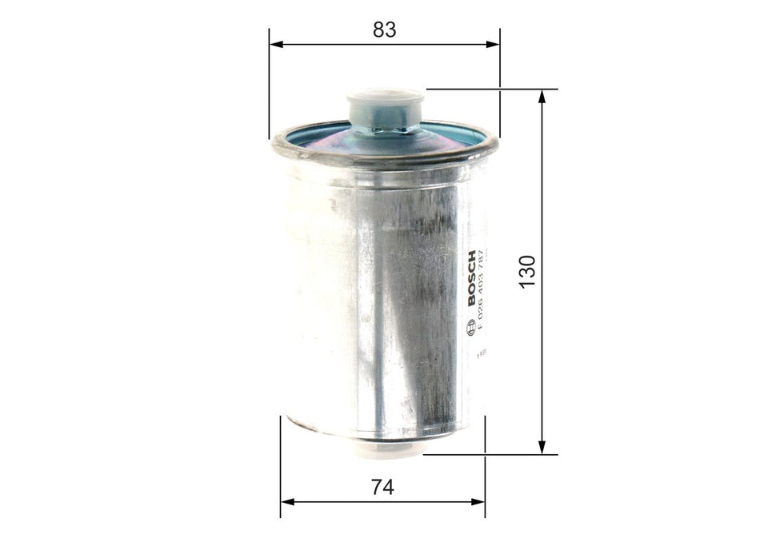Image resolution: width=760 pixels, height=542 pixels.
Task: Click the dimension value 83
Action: click(385, 30)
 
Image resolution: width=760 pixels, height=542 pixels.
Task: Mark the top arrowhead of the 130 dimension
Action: click(542, 96)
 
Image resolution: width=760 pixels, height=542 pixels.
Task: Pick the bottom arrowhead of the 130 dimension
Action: click(542, 448)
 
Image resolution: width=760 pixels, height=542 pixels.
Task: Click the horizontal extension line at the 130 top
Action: click(488, 89)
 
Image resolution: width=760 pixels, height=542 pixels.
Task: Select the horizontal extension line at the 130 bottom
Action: click(488, 455)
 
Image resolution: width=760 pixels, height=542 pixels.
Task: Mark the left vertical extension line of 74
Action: click(281, 464)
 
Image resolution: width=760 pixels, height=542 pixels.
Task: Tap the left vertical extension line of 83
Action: click(270, 88)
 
